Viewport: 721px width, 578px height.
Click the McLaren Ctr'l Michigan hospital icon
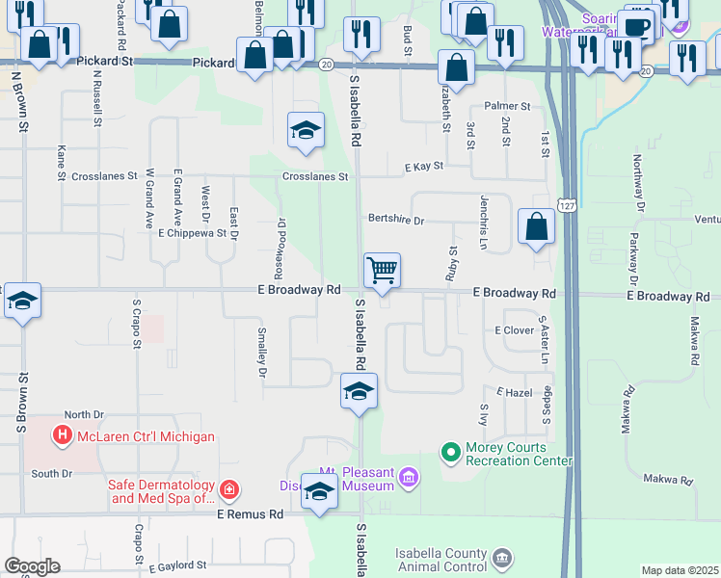64,436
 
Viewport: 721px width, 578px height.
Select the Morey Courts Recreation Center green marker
450,451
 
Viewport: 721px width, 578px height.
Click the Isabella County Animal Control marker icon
501,559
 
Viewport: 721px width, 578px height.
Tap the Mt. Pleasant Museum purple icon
408,478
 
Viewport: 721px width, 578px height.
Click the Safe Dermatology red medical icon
229,490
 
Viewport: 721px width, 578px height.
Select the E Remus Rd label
250,514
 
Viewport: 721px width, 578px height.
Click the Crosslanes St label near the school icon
315,176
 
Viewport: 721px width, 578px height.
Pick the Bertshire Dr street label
395,221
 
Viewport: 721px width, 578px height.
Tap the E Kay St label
424,166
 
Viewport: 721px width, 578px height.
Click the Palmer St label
507,106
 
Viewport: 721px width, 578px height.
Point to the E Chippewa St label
192,233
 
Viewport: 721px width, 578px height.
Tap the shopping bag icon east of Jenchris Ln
537,227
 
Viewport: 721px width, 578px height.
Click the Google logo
32,566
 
